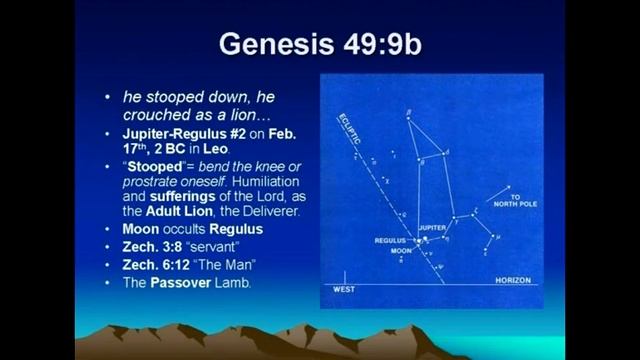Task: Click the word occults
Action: point(189,230)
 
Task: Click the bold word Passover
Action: point(186,282)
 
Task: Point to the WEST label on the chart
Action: point(343,289)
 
